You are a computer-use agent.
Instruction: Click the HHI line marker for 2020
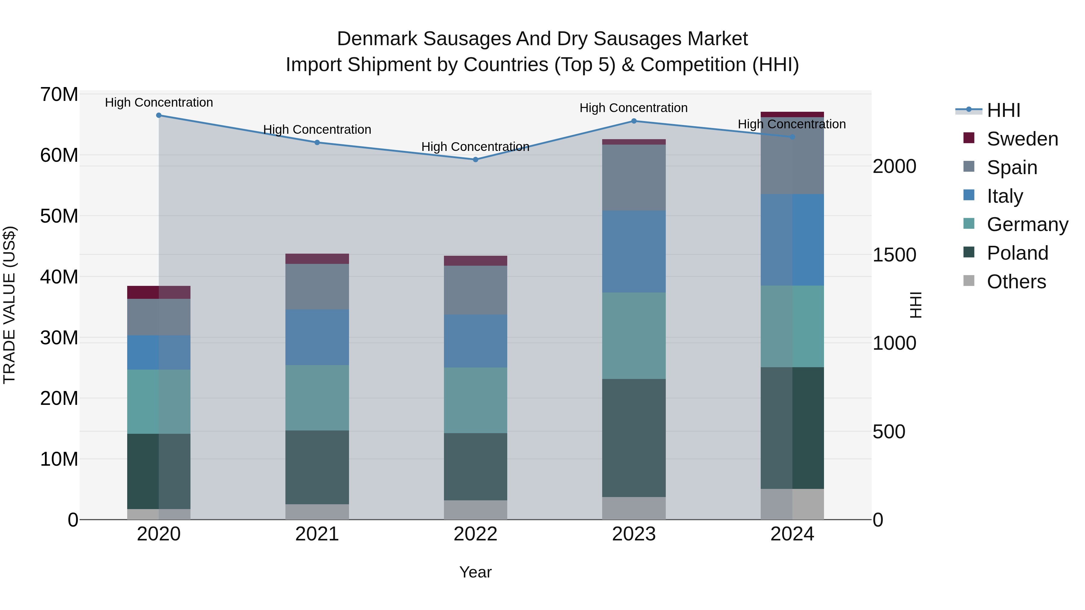coord(159,115)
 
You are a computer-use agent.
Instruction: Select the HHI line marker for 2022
coord(476,160)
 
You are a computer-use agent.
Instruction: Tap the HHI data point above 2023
coord(634,121)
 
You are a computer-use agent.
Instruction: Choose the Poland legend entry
coord(1017,253)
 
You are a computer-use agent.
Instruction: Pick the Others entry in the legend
coord(1016,282)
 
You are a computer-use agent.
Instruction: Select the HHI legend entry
coord(1003,110)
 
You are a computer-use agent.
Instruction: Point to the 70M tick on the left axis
coord(59,94)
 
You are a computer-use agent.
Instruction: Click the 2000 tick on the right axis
coord(894,166)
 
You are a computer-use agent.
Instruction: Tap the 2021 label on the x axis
coord(317,534)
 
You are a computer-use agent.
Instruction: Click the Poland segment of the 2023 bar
coord(634,438)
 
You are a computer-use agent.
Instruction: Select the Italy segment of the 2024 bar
coord(792,240)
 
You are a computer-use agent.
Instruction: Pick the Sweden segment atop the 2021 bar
coord(317,259)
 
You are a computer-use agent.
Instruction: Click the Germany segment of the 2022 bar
coord(476,400)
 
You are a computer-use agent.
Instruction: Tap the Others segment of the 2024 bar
coord(792,504)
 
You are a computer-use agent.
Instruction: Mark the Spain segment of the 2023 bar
coord(634,178)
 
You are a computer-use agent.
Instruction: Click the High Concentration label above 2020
coord(159,102)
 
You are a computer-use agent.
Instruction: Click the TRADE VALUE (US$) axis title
coord(9,305)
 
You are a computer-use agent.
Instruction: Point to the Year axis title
coord(476,572)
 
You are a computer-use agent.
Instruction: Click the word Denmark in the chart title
coord(377,39)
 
